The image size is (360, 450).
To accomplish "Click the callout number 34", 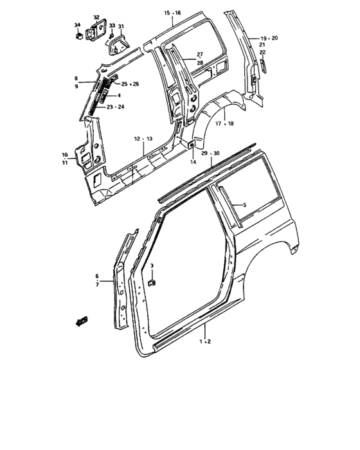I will (x=77, y=25).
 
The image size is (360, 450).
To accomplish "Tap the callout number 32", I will (x=96, y=17).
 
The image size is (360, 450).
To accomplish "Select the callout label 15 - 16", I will (x=172, y=13).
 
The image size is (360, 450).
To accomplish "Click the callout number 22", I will (x=262, y=52).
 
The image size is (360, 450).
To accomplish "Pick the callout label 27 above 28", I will (x=200, y=59).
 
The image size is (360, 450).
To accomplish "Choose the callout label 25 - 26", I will (x=130, y=84).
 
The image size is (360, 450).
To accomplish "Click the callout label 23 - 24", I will (x=116, y=107).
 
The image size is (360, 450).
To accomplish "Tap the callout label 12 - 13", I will (x=143, y=139).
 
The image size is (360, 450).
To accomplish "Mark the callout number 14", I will (x=194, y=163).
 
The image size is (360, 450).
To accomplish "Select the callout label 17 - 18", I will (x=226, y=123).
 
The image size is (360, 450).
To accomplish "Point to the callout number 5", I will (x=244, y=205).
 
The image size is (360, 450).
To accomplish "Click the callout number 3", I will (x=152, y=265).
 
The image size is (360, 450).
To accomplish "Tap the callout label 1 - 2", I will (x=205, y=341).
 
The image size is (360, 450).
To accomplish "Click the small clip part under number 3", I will (x=152, y=282).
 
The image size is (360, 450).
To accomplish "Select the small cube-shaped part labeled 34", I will (x=78, y=37).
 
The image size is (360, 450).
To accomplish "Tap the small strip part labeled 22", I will (x=262, y=64).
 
